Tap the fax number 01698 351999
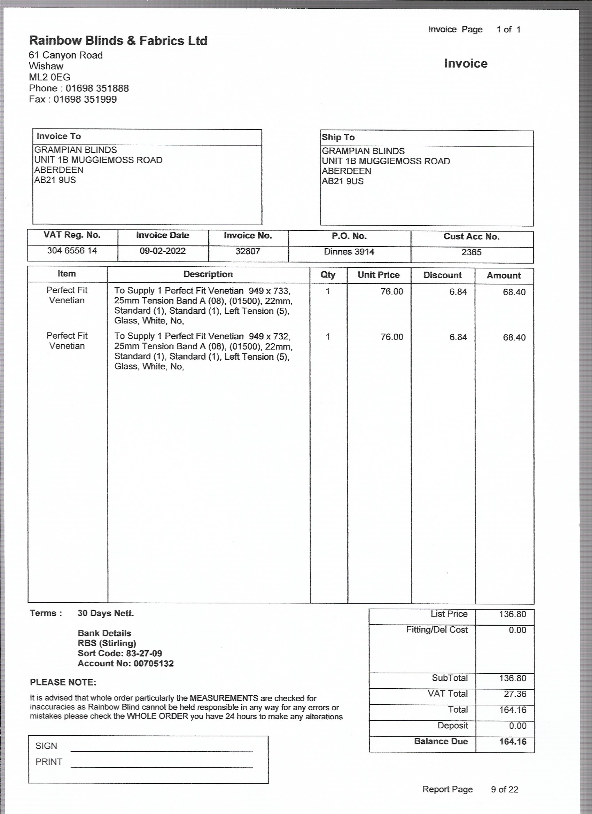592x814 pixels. coord(85,100)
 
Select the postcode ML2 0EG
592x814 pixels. coord(49,77)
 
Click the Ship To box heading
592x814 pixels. coord(338,137)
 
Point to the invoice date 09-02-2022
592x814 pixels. coord(162,251)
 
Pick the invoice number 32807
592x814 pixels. coord(248,251)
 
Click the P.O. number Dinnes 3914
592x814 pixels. coord(349,252)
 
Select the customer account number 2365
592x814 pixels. coord(471,252)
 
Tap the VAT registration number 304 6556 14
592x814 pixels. coord(72,250)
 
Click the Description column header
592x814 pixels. coord(208,274)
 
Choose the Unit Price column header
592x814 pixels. coord(379,275)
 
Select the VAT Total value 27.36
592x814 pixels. coord(515,694)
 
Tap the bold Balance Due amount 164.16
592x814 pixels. coord(512,742)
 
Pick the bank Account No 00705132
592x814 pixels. coord(153,663)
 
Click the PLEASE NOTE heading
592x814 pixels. coord(63,682)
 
